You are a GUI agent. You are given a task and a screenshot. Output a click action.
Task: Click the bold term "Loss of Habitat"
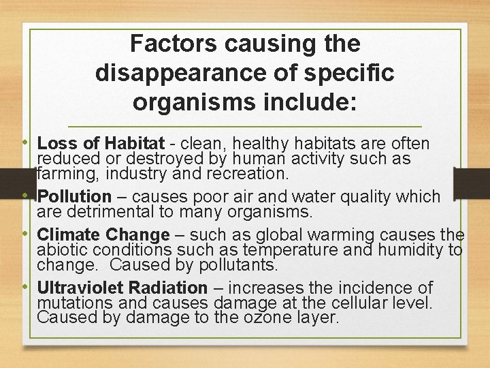click(101, 144)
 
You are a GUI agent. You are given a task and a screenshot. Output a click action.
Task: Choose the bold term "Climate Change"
click(103, 235)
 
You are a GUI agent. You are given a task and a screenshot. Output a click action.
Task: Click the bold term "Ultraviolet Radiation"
click(122, 288)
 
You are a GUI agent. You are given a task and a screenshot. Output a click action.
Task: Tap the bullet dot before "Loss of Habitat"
click(25, 143)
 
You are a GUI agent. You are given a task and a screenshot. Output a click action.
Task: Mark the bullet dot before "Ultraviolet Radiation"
click(25, 287)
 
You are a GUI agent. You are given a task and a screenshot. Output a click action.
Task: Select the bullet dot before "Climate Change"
click(25, 234)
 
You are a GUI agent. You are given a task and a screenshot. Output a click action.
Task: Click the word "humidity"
click(421, 249)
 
